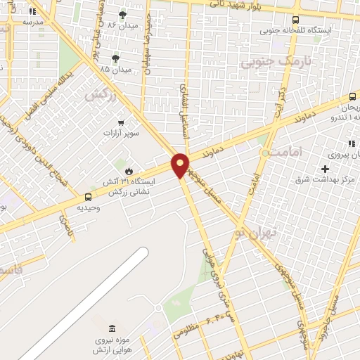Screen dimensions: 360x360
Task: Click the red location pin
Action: [x=181, y=165]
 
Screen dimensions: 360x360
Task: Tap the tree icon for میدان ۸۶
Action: [x=123, y=14]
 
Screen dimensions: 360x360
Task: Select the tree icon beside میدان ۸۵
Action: [x=115, y=58]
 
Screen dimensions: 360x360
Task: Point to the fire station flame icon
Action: [x=129, y=171]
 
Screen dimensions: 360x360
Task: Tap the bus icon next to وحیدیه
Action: [x=89, y=198]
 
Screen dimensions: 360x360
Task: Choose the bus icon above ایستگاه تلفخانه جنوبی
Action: [x=295, y=20]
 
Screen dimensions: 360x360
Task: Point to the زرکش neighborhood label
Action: [x=99, y=94]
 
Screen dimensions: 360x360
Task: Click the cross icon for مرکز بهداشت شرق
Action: [x=324, y=169]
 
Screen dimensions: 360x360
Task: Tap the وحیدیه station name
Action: [x=88, y=209]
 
